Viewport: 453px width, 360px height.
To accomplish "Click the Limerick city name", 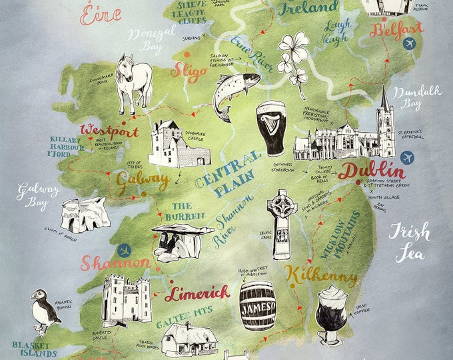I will [x=197, y=293].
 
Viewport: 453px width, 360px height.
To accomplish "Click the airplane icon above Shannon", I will [x=123, y=251].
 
